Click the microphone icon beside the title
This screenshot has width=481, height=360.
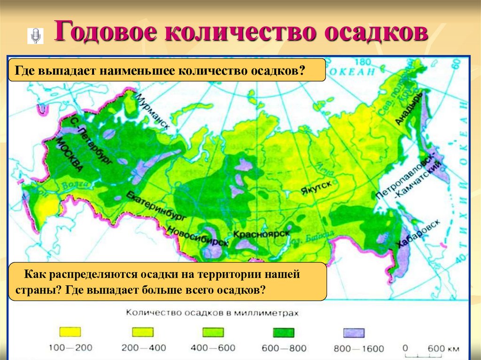coord(35,36)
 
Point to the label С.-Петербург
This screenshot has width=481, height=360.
coord(91,140)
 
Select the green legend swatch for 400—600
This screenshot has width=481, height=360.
coord(213,332)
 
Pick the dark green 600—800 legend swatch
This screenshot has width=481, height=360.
coord(284,332)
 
